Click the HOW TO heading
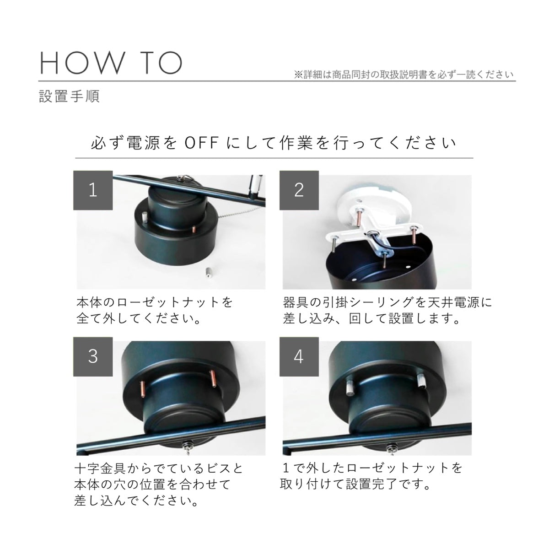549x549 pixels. [110, 63]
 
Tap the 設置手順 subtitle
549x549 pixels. [69, 96]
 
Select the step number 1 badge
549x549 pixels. [93, 190]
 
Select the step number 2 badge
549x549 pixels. [299, 190]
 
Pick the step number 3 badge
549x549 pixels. [93, 357]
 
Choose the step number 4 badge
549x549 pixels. [299, 357]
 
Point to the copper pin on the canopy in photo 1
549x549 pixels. [194, 229]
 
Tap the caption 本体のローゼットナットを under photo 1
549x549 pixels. [155, 302]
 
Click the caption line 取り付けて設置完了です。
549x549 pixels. [355, 484]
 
